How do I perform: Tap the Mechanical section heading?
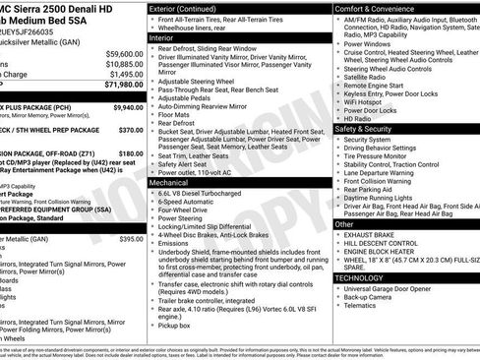pos(174,182)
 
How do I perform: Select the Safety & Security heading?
pos(368,128)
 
